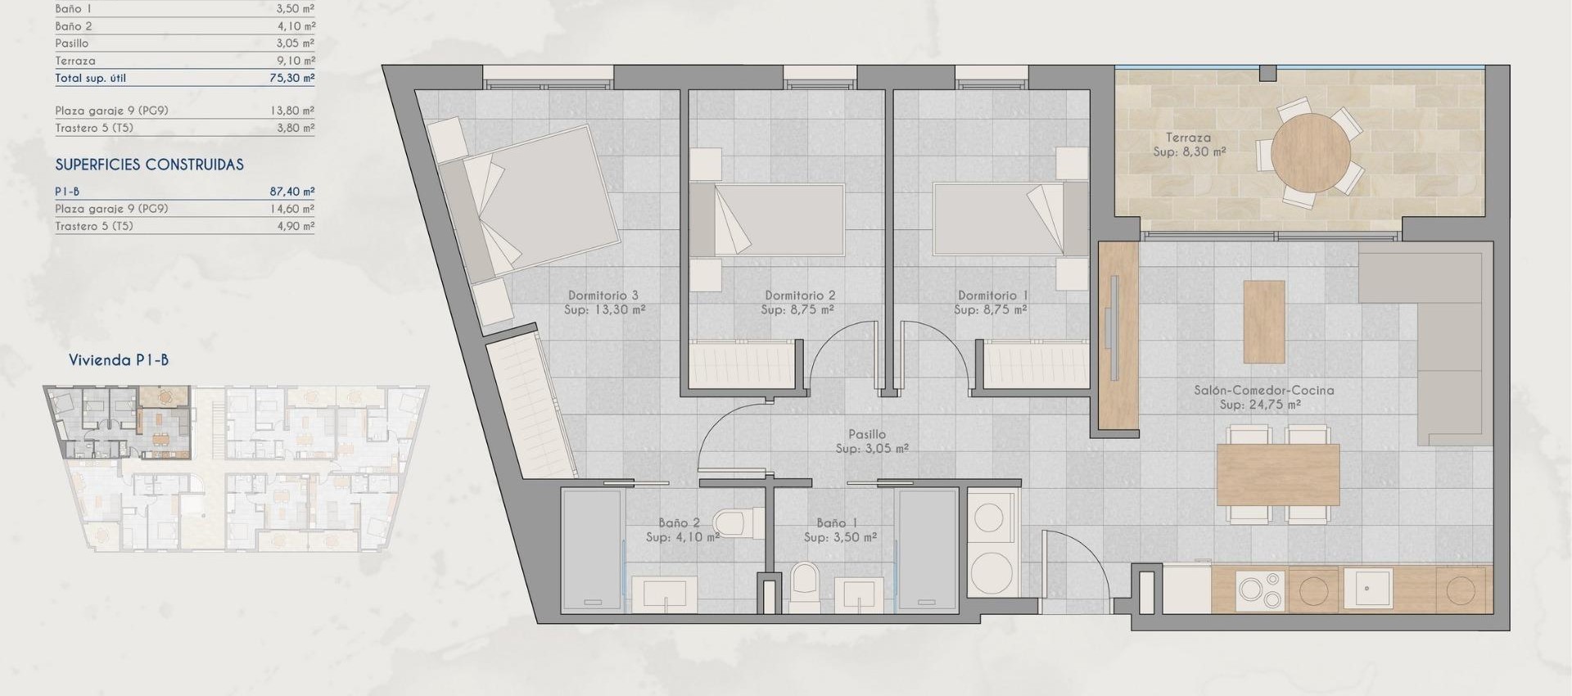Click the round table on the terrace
(x=1311, y=153)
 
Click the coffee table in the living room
(x=1263, y=322)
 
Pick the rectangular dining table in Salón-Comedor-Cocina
(x=1277, y=475)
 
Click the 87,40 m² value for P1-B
(x=291, y=192)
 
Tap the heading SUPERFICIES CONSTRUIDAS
(x=149, y=165)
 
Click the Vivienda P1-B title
(x=119, y=360)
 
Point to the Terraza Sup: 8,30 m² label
(x=1189, y=145)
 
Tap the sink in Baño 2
(x=664, y=594)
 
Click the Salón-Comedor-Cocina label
(x=1263, y=397)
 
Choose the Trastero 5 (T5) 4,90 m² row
(x=184, y=227)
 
